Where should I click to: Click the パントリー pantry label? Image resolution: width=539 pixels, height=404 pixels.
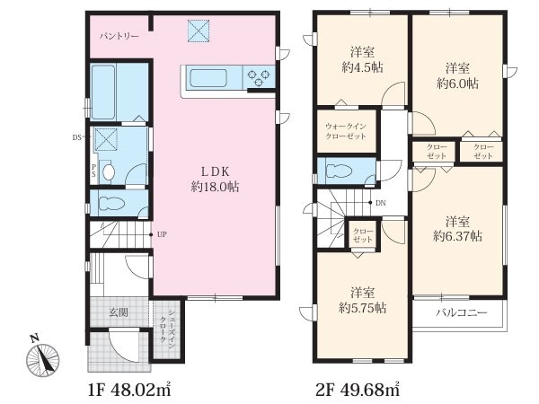119,36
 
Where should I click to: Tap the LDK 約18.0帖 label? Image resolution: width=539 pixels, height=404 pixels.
215,179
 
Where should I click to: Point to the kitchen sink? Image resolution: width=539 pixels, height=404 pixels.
208,78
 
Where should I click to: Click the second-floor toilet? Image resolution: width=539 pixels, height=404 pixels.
339,171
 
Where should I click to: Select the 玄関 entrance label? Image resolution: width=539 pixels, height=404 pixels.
119,312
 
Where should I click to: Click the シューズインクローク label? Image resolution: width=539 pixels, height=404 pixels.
167,327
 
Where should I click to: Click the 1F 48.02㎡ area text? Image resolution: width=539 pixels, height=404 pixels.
129,391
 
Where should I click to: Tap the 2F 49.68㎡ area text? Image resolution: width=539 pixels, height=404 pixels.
358,391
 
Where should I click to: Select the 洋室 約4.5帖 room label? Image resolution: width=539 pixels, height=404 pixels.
362,60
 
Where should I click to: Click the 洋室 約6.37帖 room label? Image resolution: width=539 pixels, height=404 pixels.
457,229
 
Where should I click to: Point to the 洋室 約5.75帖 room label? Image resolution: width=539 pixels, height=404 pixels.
362,301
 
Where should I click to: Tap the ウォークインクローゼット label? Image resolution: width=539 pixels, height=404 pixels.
346,131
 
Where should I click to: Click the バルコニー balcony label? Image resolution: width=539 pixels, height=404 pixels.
462,312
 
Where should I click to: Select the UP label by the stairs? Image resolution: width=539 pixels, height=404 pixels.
162,234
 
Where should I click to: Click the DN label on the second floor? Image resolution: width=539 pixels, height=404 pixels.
381,203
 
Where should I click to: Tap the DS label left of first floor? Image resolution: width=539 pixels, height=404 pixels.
76,137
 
